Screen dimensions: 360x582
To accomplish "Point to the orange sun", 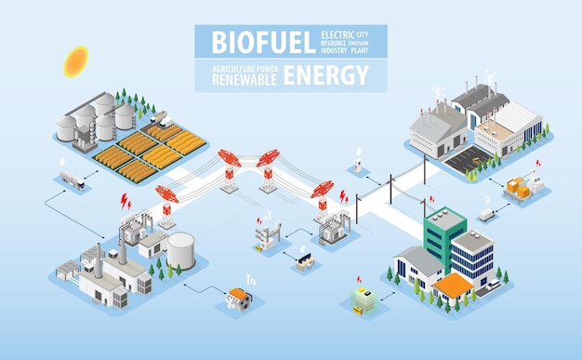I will point(75,60).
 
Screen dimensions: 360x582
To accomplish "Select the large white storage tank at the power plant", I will point(180,250).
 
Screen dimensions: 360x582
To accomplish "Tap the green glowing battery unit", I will point(363,297).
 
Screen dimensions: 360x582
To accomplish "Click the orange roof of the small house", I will point(454,286).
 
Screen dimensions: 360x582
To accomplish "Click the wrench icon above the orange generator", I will point(249,277).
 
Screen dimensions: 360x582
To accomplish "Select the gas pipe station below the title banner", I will point(357,164).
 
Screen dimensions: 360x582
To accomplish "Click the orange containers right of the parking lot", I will point(517,188).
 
